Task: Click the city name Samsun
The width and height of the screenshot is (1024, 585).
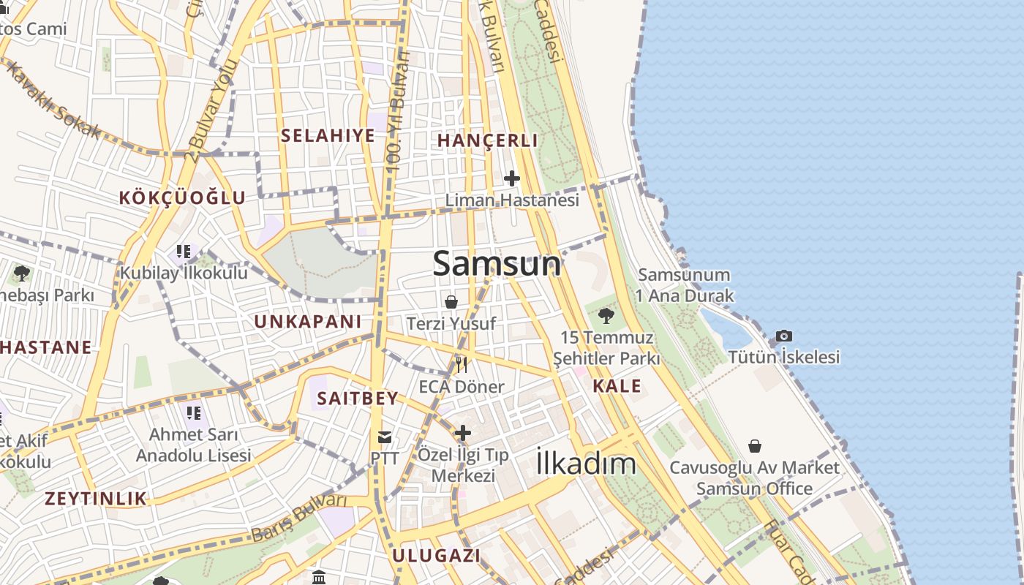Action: [x=497, y=263]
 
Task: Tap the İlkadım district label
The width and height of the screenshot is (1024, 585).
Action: [x=586, y=463]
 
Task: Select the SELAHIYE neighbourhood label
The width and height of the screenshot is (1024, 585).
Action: [x=328, y=135]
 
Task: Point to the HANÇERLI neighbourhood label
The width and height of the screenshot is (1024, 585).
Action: [x=487, y=140]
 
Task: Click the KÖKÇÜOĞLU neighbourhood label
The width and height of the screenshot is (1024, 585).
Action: [x=182, y=197]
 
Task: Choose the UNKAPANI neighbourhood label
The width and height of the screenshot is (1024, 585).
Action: [x=308, y=322]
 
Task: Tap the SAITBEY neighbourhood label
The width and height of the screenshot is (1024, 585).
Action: [x=358, y=399]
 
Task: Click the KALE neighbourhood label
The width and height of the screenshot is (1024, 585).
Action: [x=617, y=386]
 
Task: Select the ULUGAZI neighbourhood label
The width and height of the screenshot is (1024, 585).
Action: [x=436, y=555]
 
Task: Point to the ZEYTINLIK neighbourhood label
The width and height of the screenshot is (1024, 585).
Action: [x=96, y=499]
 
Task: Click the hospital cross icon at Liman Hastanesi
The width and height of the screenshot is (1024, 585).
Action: [x=512, y=178]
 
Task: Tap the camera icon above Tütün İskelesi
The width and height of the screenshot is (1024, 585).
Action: [x=783, y=336]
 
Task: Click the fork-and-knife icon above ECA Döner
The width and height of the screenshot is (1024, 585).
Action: [x=462, y=364]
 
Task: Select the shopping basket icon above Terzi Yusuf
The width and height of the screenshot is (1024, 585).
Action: [x=451, y=301]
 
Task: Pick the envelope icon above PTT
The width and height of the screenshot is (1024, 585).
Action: [x=384, y=437]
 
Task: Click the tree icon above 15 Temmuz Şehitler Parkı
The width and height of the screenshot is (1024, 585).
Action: [x=606, y=316]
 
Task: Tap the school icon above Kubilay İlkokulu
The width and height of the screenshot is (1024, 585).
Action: [x=184, y=252]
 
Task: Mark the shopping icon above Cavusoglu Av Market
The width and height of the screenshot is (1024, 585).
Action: [x=754, y=445]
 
